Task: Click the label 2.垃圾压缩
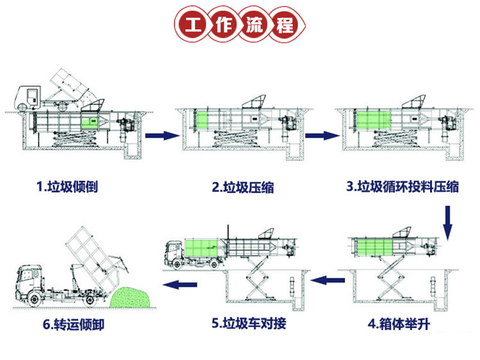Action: (243, 187)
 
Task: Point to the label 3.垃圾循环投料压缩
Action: (403, 187)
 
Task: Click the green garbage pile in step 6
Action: (133, 298)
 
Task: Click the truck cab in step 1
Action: (26, 96)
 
